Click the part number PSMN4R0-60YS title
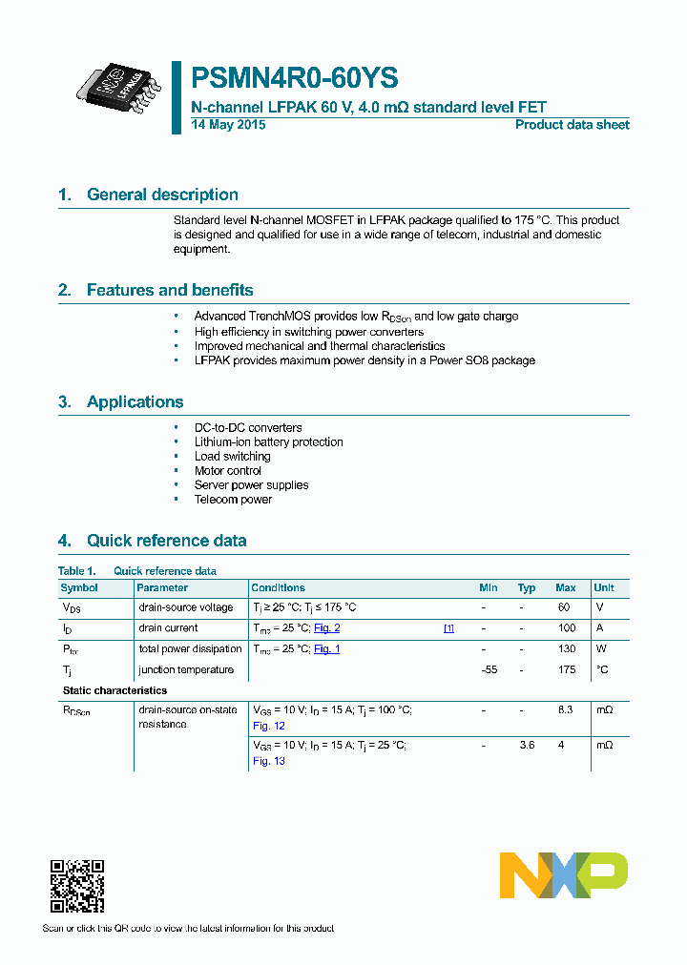click(x=295, y=77)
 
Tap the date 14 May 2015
click(x=228, y=125)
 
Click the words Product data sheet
click(x=572, y=125)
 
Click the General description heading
click(x=162, y=195)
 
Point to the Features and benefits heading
click(x=169, y=290)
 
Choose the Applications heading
click(x=135, y=401)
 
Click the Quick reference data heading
click(x=166, y=541)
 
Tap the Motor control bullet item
click(x=228, y=470)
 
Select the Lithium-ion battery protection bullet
click(x=268, y=441)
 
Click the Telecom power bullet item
click(x=233, y=499)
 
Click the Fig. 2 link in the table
click(x=327, y=627)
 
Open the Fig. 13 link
click(x=269, y=761)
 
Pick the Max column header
click(x=565, y=587)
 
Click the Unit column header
click(x=604, y=587)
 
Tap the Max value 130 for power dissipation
click(x=567, y=648)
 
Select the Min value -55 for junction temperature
click(x=489, y=669)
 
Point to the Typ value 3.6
click(x=526, y=745)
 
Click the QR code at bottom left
click(x=76, y=886)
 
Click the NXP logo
click(x=563, y=875)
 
